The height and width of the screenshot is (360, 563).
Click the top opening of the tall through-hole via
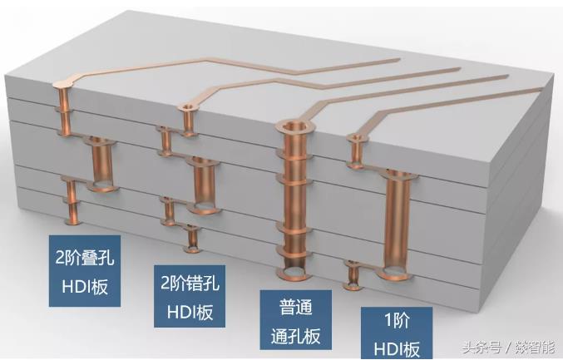[296, 130]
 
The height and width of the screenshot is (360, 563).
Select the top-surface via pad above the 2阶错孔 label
[188, 109]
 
